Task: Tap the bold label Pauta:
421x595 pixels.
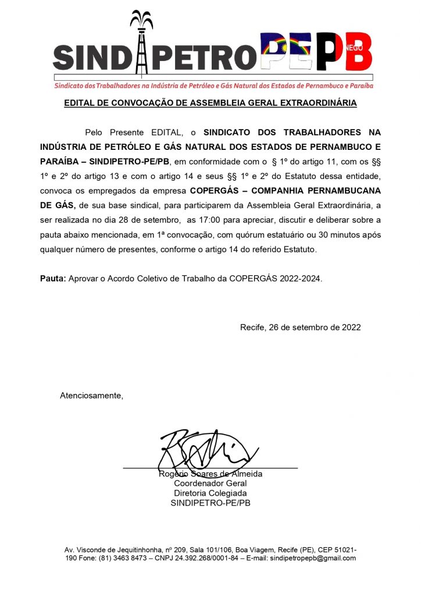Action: point(53,278)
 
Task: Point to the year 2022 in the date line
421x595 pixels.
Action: point(349,327)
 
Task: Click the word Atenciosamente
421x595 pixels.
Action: point(92,396)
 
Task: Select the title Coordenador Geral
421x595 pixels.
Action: point(211,483)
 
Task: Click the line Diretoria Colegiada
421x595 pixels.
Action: point(211,493)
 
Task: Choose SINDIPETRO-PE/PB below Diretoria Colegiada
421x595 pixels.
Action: point(211,503)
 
